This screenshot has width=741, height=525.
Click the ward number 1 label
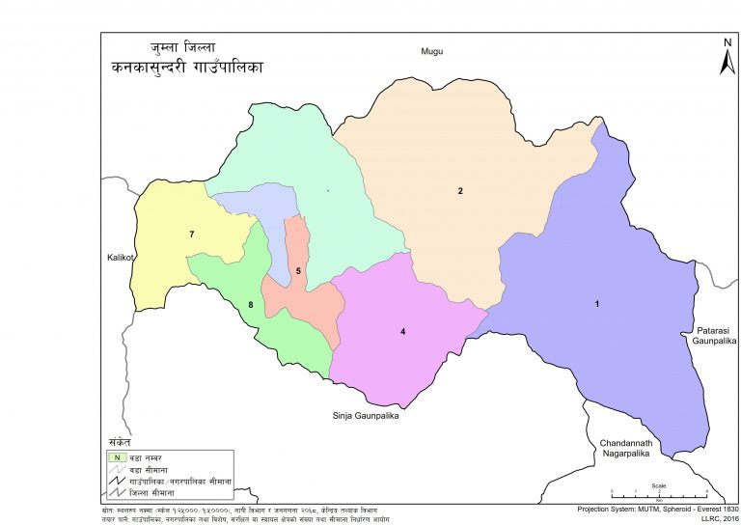point(597,305)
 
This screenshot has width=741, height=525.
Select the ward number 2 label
point(461,191)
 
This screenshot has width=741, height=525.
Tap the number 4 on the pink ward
point(403,332)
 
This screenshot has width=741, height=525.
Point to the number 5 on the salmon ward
point(298,272)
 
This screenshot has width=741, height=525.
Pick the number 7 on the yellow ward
point(192,235)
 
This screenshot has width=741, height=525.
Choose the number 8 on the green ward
point(250,305)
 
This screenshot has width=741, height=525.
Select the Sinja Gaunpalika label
point(360,418)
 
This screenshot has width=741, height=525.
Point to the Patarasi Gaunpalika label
point(712,336)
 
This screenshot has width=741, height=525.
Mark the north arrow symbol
point(727,57)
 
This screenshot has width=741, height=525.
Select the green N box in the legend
point(116,456)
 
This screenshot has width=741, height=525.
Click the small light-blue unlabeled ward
point(253,205)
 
